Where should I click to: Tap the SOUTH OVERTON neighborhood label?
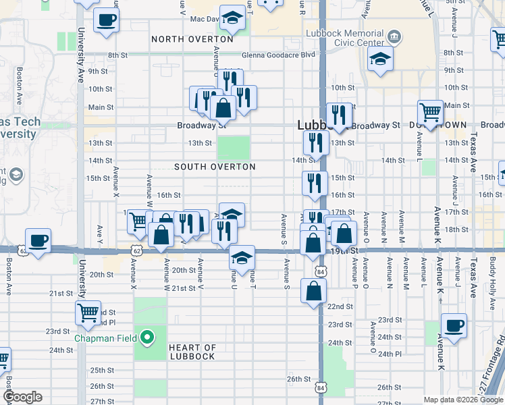[215, 167]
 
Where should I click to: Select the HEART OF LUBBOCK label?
[192, 352]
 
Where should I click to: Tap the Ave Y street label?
[100, 234]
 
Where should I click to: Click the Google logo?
[22, 397]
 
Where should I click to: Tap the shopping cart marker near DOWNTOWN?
[430, 112]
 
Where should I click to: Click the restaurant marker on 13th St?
[315, 142]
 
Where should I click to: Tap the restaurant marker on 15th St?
[315, 184]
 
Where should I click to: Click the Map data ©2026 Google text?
[462, 399]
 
